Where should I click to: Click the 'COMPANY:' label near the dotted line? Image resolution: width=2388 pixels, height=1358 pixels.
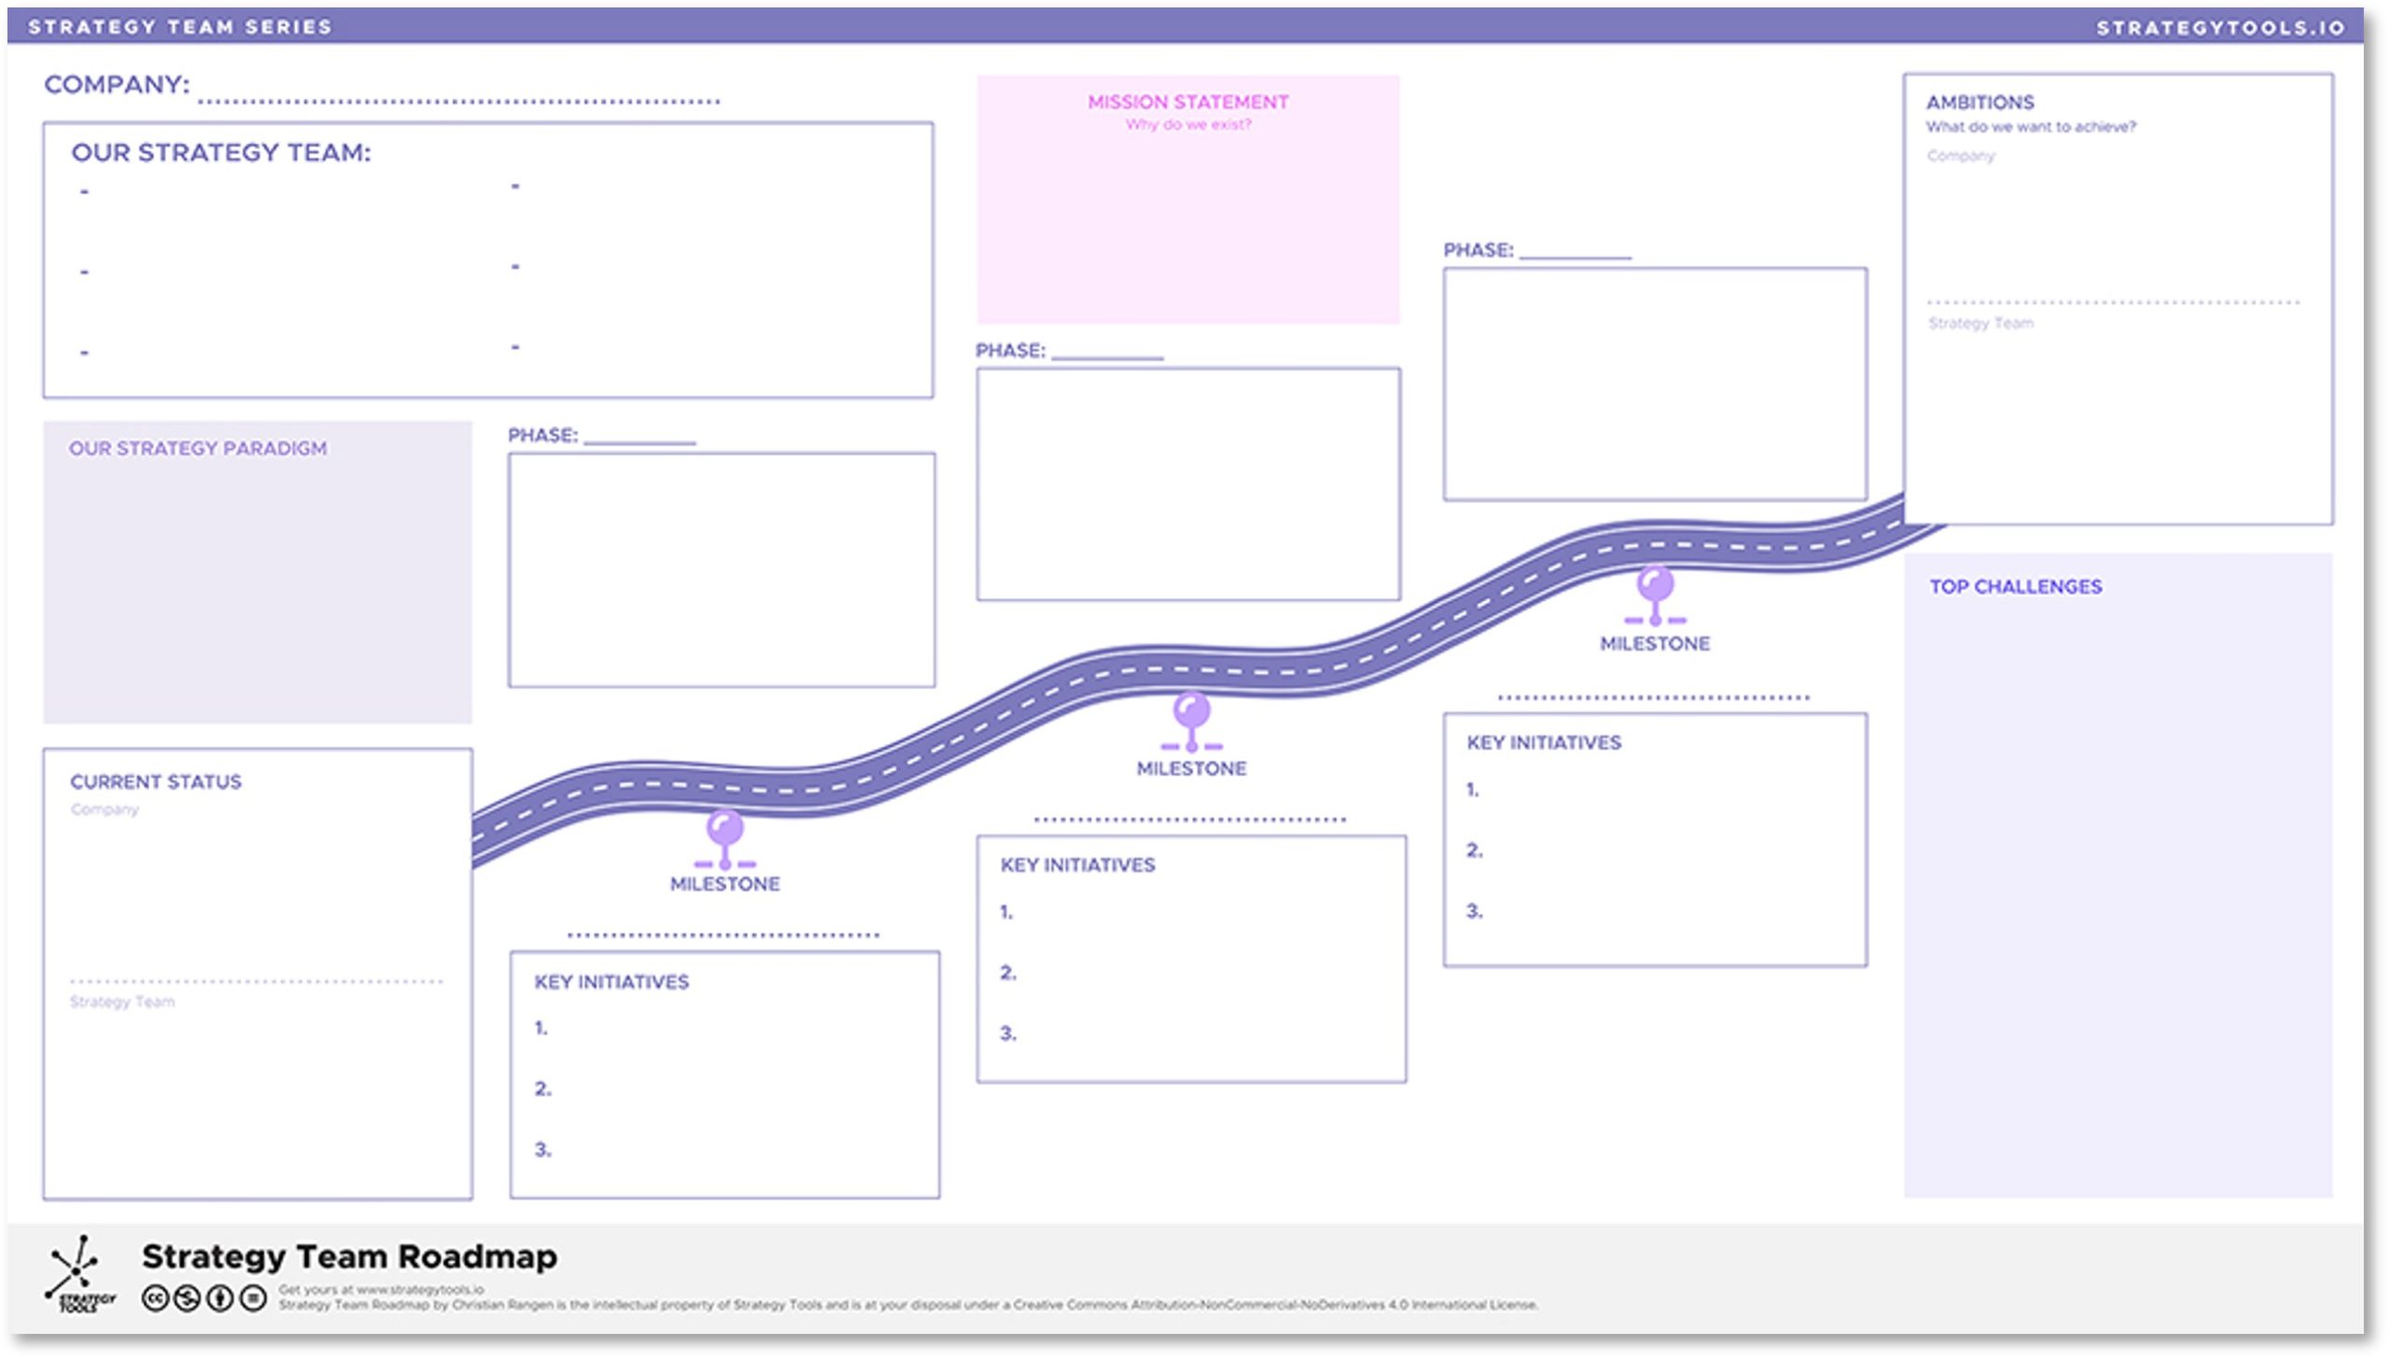tap(117, 85)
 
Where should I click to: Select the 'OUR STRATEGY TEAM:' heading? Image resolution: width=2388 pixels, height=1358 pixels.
tap(221, 153)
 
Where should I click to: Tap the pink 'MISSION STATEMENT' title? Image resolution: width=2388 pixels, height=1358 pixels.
tap(1187, 103)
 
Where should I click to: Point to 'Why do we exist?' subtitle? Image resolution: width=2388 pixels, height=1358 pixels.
tap(1187, 125)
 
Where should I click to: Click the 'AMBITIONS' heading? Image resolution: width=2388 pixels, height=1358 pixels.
tap(1979, 103)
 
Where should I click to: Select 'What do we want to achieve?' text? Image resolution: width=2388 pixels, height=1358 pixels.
tap(2030, 127)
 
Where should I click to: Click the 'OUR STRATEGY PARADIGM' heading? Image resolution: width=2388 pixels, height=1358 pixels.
tap(198, 448)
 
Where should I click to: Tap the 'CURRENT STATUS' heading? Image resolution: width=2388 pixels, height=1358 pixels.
tap(156, 782)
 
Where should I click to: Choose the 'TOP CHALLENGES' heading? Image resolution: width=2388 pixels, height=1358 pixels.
tap(2015, 586)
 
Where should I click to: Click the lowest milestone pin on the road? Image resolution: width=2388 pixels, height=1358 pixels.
tap(725, 830)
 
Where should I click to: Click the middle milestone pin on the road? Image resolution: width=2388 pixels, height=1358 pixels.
tap(1190, 712)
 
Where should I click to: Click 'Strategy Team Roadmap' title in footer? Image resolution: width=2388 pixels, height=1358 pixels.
tap(349, 1256)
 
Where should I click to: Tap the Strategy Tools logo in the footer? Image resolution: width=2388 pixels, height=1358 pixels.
tap(79, 1274)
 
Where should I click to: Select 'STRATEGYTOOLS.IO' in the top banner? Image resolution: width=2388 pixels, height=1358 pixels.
tap(2220, 28)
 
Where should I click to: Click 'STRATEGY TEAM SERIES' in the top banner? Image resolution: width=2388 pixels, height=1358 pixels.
tap(180, 27)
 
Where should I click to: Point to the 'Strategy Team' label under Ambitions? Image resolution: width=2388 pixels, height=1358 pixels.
tap(1980, 323)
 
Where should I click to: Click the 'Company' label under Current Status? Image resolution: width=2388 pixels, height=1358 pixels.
tap(104, 810)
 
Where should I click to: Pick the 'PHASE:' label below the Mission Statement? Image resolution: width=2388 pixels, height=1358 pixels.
tap(1009, 351)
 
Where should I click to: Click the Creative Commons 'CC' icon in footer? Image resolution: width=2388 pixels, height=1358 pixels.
tap(155, 1298)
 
